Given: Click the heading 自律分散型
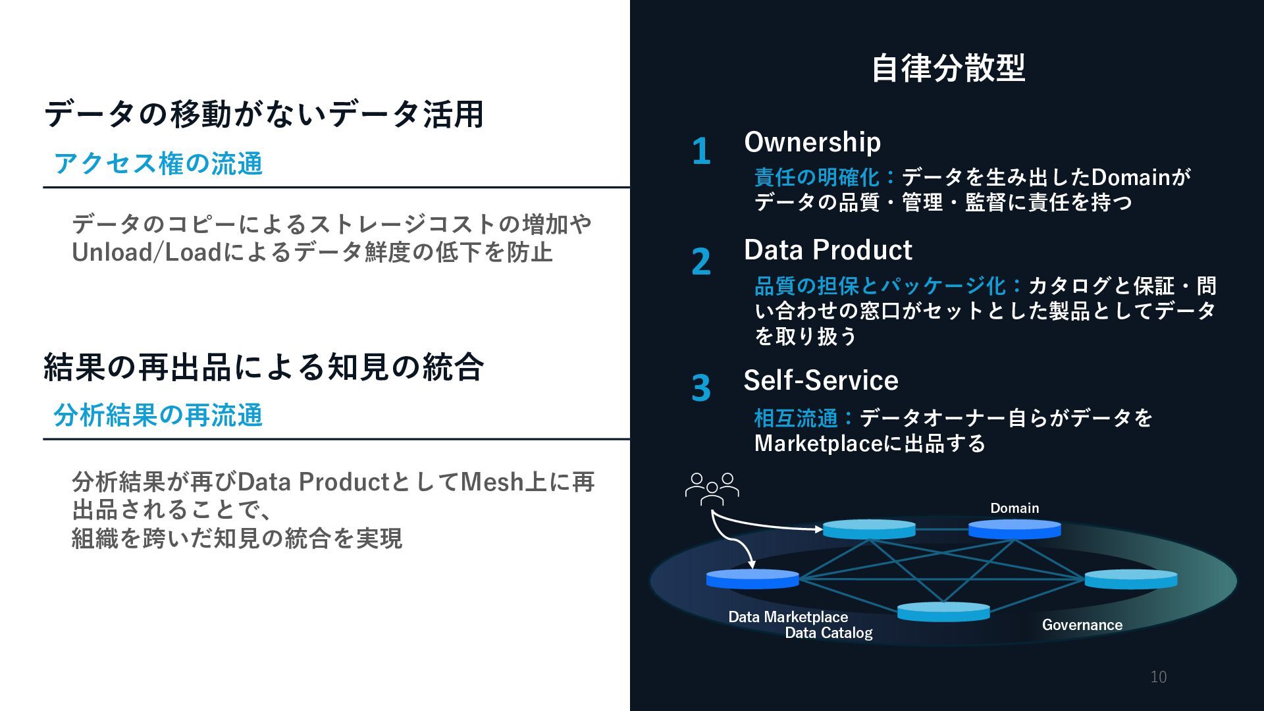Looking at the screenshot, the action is point(948,68).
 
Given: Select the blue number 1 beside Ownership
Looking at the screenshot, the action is point(701,151).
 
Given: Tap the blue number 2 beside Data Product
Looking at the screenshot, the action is point(701,261).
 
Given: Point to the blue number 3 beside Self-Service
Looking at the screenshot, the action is point(701,388).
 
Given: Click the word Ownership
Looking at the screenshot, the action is point(812,142).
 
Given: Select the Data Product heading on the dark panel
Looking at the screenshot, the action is point(828,250).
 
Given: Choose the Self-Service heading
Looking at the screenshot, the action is point(821,381).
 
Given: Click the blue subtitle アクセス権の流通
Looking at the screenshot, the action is point(158,163).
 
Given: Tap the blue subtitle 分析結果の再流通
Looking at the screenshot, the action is point(158,415).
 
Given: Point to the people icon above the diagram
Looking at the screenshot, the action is point(712,489).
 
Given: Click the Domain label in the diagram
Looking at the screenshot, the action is point(1014,508).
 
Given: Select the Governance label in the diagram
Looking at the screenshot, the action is point(1082,625).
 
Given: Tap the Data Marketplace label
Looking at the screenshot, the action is point(788,617).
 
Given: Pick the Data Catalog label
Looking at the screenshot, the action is point(829,633).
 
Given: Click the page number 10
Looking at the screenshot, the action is point(1159,677).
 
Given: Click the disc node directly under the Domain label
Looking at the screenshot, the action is point(1014,529).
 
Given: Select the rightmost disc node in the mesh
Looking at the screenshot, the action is point(1130,579).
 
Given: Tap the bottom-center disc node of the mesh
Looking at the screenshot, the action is point(943,612).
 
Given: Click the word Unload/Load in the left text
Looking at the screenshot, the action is point(147,252).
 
